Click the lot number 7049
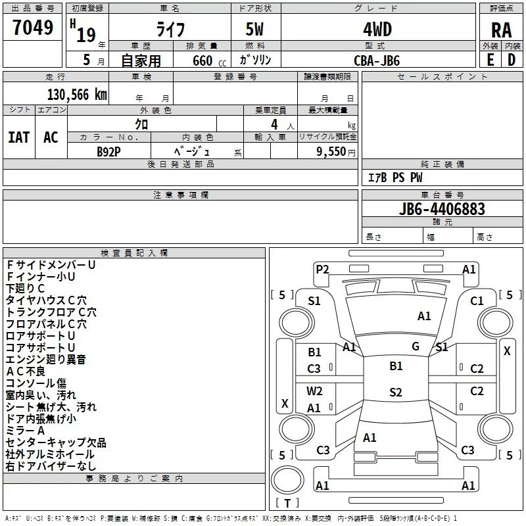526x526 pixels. click(x=33, y=28)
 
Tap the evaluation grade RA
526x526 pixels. click(x=501, y=30)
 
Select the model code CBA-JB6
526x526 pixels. click(x=377, y=60)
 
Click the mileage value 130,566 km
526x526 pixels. click(x=77, y=94)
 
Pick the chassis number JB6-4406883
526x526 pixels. click(x=442, y=209)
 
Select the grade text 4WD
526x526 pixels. click(x=377, y=30)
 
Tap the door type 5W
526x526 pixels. click(x=256, y=30)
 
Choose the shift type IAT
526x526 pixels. click(x=18, y=137)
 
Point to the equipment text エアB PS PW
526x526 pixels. click(x=394, y=178)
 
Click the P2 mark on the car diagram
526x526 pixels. click(x=322, y=269)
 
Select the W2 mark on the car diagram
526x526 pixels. click(x=314, y=391)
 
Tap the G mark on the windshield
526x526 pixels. click(x=416, y=347)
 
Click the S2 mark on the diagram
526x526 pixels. click(x=395, y=393)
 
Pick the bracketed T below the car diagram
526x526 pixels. click(x=287, y=503)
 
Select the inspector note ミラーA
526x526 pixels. click(x=26, y=431)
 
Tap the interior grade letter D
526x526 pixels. click(x=511, y=59)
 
